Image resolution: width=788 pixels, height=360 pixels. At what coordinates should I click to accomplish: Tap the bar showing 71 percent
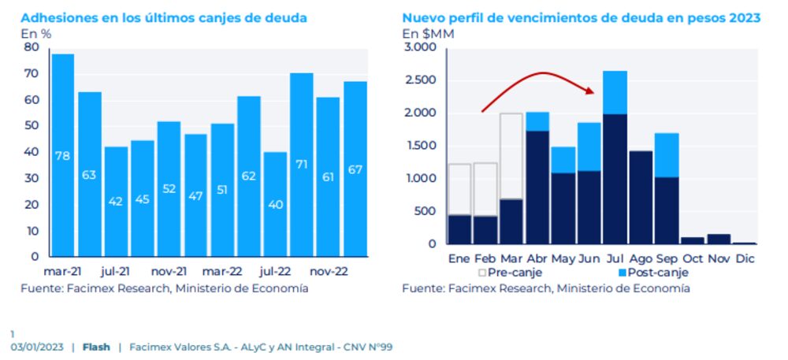point(302,165)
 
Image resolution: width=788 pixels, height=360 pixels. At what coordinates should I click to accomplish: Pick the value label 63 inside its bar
point(89,174)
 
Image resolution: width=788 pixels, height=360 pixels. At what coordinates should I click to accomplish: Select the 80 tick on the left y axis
point(32,47)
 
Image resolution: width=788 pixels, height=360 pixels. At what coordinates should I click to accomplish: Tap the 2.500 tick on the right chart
point(421,80)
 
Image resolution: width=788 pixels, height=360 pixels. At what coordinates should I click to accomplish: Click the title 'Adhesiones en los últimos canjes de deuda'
point(164,17)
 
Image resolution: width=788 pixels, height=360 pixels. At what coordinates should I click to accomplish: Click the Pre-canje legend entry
point(509,273)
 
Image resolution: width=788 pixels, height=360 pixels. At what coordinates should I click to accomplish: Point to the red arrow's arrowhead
point(590,91)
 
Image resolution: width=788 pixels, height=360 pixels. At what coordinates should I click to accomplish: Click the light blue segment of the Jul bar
point(615,92)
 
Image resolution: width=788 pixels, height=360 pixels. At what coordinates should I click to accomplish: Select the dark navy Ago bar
point(641,197)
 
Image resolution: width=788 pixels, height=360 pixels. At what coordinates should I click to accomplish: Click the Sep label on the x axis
point(667,258)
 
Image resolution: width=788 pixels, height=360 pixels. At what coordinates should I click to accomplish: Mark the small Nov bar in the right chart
point(719,239)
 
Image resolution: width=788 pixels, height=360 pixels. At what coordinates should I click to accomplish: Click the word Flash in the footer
point(96,347)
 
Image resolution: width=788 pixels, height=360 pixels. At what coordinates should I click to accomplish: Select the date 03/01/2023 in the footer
point(37,347)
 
